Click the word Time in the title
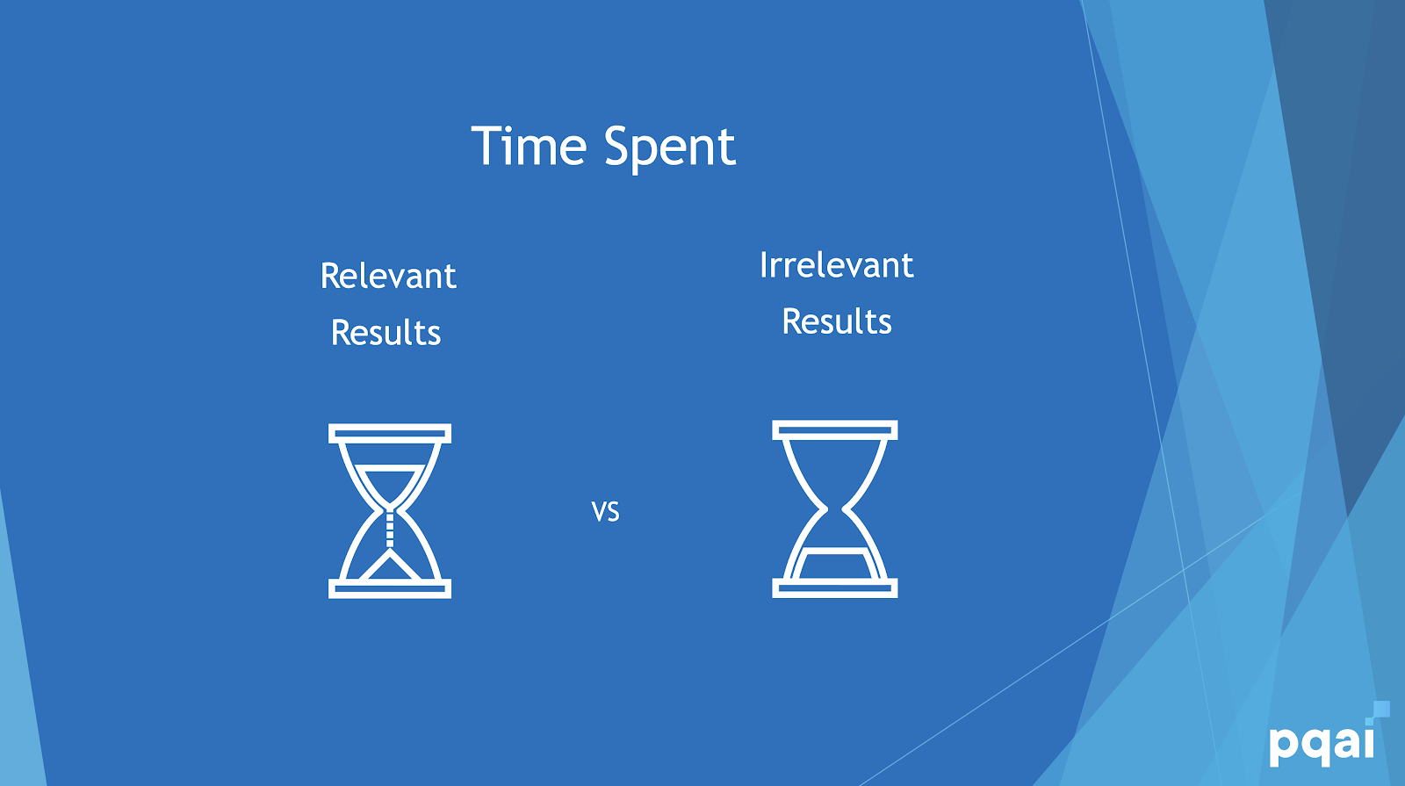click(529, 146)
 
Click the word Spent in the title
click(670, 148)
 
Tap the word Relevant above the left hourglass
click(388, 276)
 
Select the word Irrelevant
click(836, 264)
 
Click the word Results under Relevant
click(385, 333)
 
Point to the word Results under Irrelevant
click(837, 321)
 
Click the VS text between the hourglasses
click(605, 512)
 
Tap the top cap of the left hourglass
click(390, 434)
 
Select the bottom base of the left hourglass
click(390, 588)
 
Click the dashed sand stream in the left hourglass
click(390, 530)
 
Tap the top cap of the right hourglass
click(835, 429)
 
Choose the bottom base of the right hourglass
click(835, 588)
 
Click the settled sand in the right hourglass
click(835, 563)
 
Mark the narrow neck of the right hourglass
click(835, 508)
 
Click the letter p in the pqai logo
click(1283, 746)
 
